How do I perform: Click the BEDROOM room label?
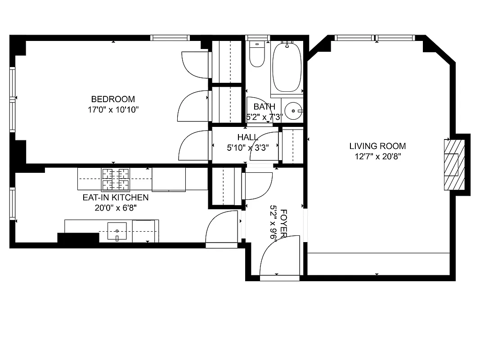(113, 99)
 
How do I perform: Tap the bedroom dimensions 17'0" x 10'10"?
(113, 109)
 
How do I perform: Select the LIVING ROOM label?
(377, 146)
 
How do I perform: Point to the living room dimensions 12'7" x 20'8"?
(377, 157)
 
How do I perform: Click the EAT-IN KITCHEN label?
(115, 198)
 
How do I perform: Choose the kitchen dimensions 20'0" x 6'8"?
(115, 207)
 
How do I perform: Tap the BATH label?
(264, 107)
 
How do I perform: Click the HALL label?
(247, 137)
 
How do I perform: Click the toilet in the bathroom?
(257, 54)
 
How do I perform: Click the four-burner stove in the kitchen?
(115, 179)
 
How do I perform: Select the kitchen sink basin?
(117, 231)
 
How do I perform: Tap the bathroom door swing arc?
(259, 108)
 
